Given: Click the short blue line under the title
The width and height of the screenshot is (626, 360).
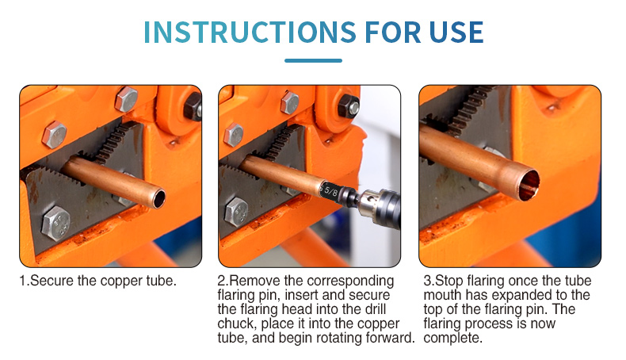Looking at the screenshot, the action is (313, 61).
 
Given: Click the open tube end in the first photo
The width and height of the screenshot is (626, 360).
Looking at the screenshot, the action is (158, 198).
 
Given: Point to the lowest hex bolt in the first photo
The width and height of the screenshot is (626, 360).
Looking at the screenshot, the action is (56, 224).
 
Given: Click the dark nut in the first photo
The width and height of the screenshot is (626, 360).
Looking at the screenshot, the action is (193, 107).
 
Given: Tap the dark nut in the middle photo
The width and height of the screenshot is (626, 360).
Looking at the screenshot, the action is (349, 106).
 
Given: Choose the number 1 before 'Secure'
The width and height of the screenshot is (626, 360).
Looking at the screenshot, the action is (23, 281).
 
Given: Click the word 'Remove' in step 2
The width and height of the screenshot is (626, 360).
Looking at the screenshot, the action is (253, 281).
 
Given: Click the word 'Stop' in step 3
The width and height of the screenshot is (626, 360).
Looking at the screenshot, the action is (449, 281).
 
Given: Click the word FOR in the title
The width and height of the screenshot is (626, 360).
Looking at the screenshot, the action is (393, 32).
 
